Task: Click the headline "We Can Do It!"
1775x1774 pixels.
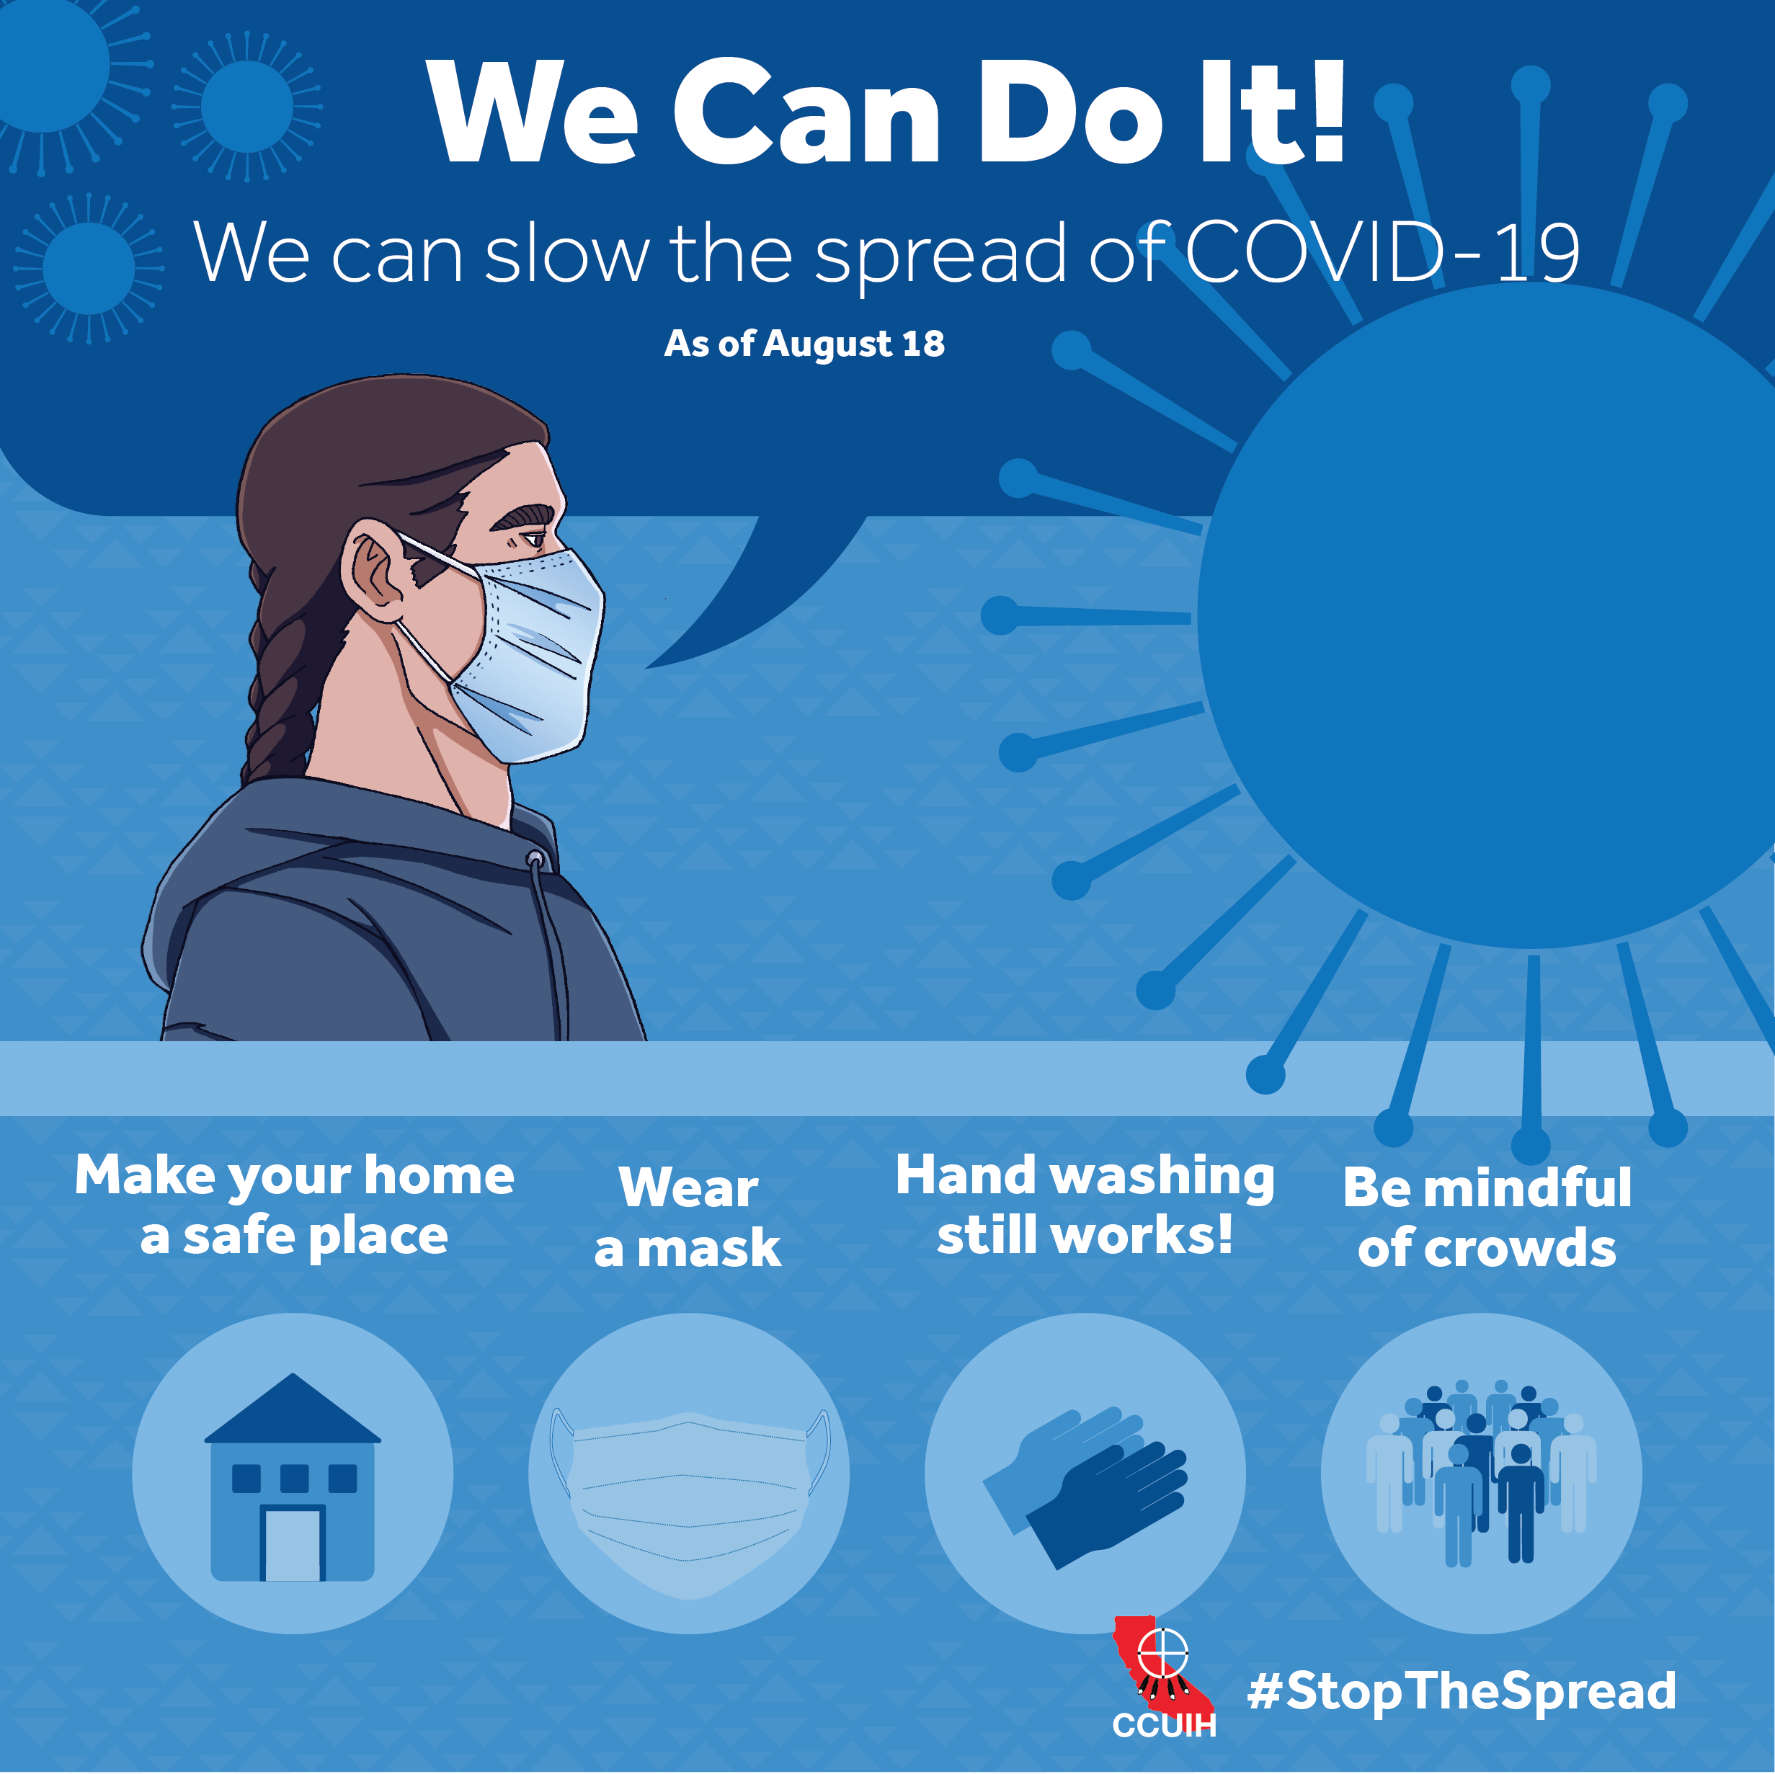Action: point(886,112)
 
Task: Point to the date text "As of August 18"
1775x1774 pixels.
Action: point(804,344)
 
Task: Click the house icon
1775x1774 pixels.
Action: point(292,1477)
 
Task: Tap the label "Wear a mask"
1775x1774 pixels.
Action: point(688,1217)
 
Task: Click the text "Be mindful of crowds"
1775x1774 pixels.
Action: point(1487,1217)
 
